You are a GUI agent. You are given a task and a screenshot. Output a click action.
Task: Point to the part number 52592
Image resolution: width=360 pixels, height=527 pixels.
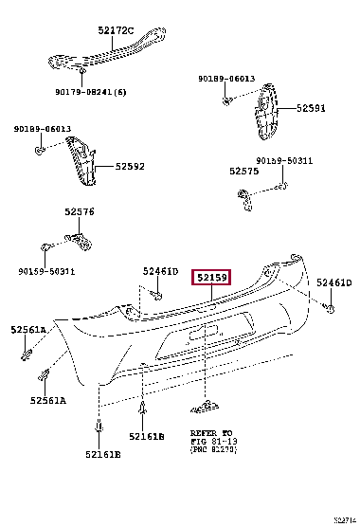pos(130,167)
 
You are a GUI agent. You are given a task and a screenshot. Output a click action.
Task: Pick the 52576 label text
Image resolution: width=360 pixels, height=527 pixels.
pos(80,212)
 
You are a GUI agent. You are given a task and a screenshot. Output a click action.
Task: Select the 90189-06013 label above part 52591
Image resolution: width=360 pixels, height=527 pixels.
pos(226,81)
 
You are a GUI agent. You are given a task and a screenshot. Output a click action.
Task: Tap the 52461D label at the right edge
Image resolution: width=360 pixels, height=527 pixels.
pos(333,282)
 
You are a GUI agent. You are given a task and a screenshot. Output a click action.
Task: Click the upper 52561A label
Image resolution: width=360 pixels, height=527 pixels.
pos(28,330)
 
